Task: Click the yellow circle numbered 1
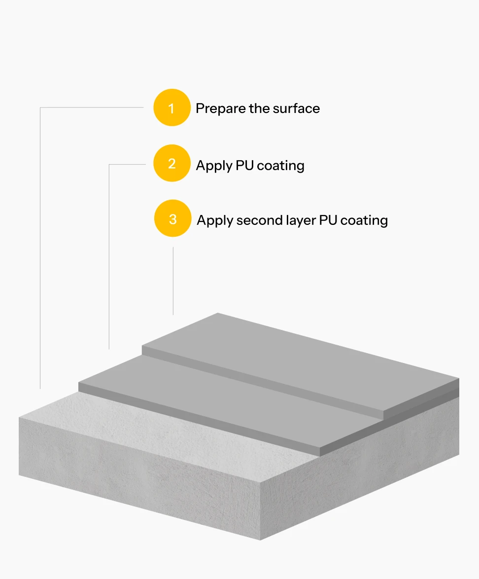click(x=171, y=108)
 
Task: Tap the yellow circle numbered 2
click(x=171, y=163)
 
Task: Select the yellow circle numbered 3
click(x=172, y=218)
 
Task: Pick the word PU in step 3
click(x=328, y=220)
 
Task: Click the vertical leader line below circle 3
click(x=173, y=281)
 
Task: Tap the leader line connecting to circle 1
click(x=40, y=247)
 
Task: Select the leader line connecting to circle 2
click(x=109, y=256)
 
